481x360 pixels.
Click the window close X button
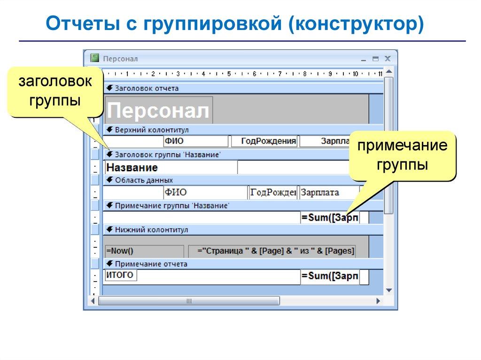[x=388, y=59]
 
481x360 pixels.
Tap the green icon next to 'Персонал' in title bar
[x=95, y=59]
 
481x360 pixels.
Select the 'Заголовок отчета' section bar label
[x=147, y=88]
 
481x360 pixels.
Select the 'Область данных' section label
[x=144, y=180]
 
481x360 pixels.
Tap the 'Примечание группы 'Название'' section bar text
[x=171, y=206]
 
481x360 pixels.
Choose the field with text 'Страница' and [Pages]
[x=272, y=251]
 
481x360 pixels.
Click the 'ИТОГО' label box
[x=120, y=276]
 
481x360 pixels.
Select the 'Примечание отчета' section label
[x=151, y=264]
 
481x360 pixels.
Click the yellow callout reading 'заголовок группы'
[x=55, y=92]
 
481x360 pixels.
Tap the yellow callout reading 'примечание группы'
[x=402, y=156]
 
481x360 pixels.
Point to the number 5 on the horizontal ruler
[x=229, y=74]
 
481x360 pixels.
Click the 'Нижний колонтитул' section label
[x=151, y=230]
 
